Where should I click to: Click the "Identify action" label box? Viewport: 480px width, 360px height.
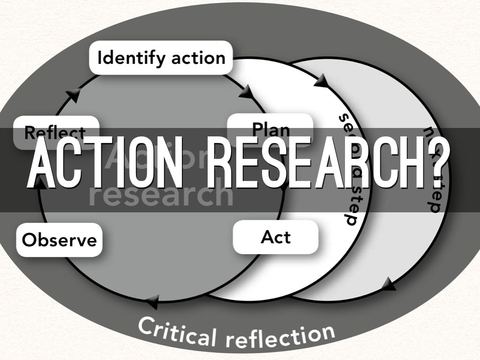click(161, 58)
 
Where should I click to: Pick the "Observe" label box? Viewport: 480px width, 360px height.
click(60, 240)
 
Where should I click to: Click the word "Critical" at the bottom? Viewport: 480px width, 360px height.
click(179, 329)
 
